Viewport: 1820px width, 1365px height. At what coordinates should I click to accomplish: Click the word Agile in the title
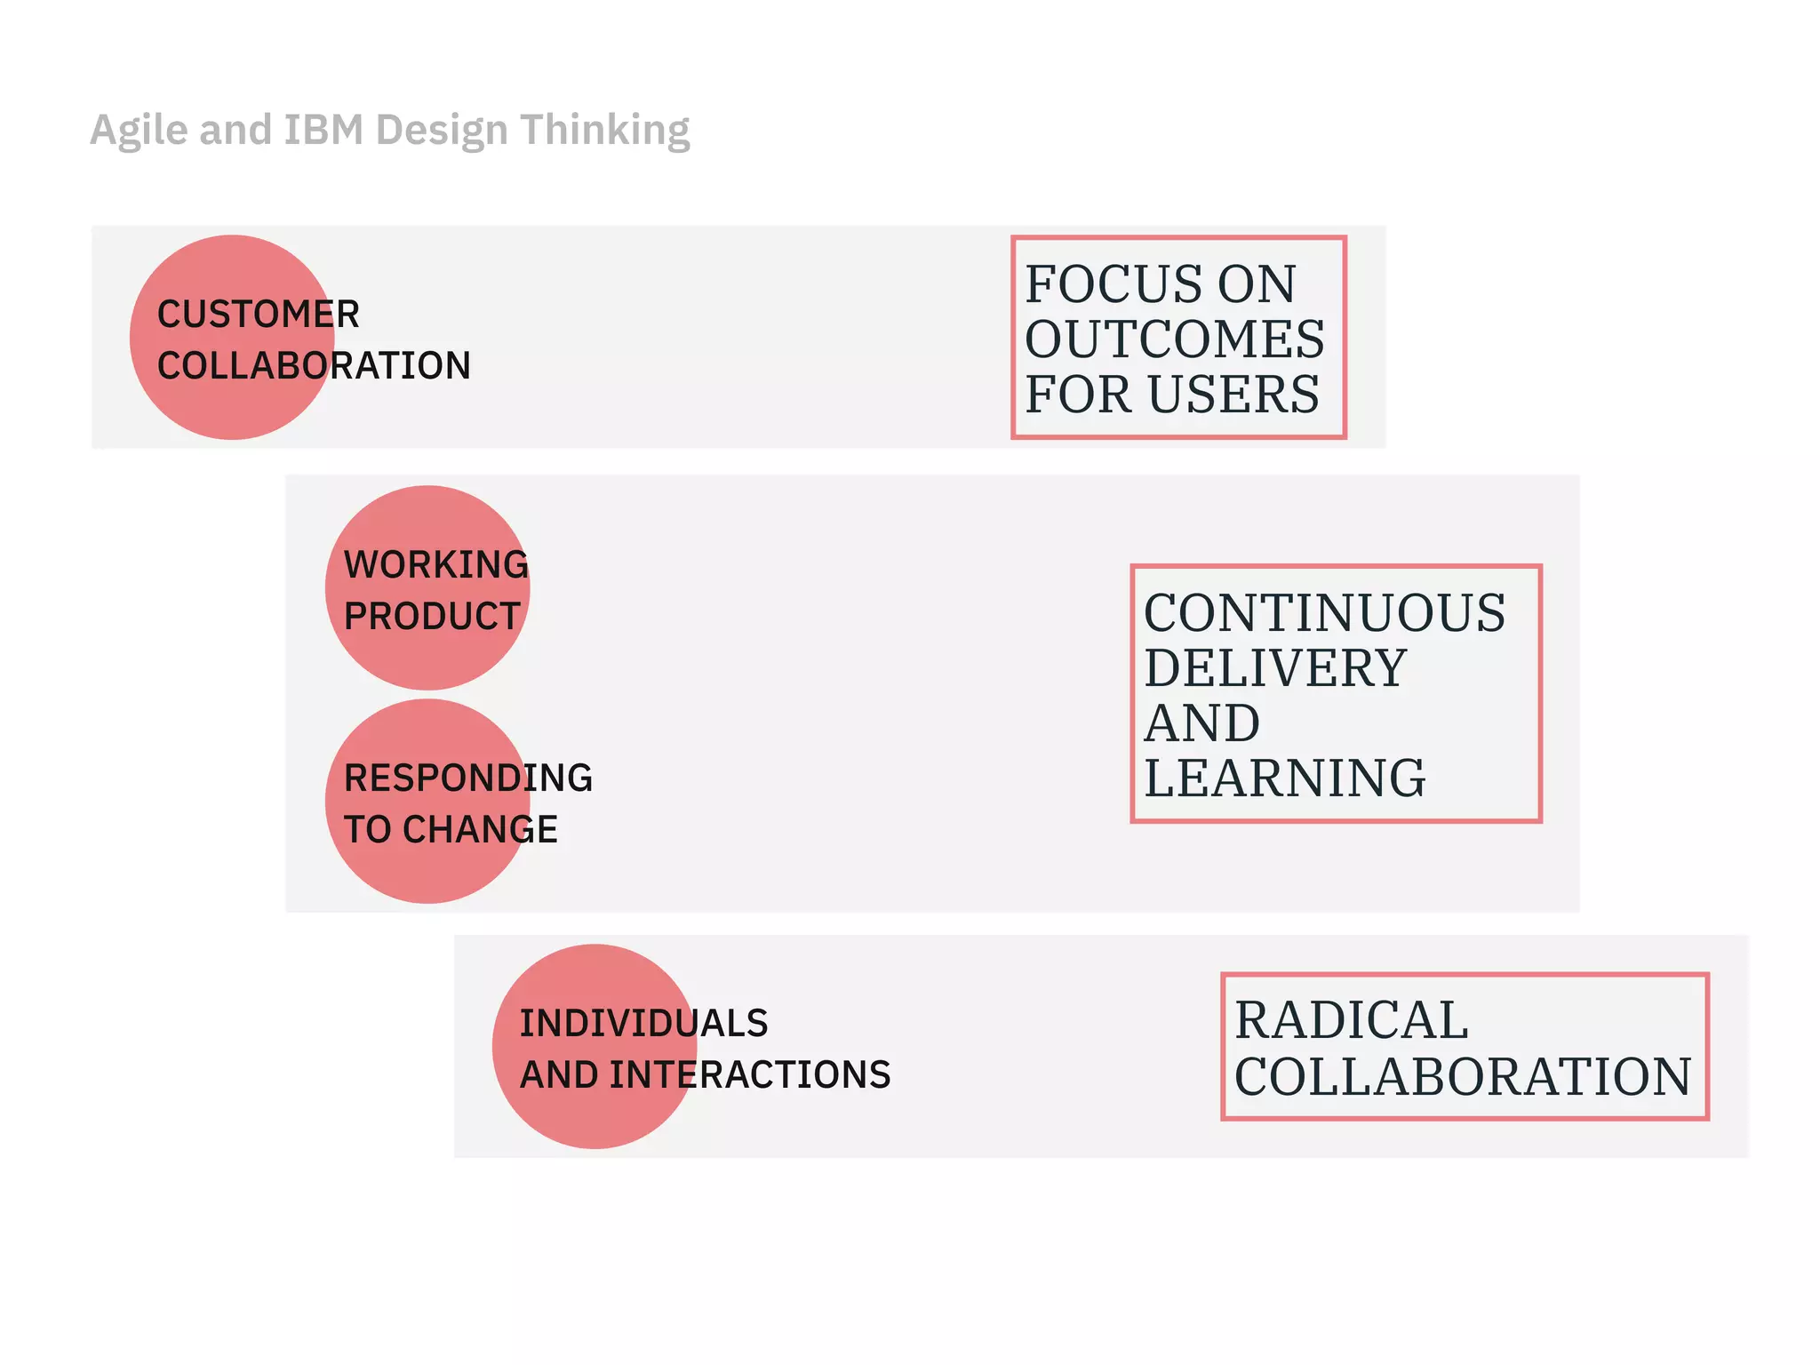coord(139,132)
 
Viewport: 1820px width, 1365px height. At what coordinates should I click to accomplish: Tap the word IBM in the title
coord(323,130)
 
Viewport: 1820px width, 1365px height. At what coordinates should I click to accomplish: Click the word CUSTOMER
coord(258,315)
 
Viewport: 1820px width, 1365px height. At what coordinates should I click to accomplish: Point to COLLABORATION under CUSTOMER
coord(314,366)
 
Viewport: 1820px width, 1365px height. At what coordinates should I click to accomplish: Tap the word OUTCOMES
coord(1174,339)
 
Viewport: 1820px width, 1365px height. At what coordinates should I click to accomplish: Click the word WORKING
coord(435,565)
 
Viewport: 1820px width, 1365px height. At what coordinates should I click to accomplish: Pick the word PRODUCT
coord(432,617)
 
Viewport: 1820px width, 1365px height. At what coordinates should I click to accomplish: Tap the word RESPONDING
coord(467,778)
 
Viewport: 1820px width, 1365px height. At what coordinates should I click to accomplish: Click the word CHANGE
coord(480,830)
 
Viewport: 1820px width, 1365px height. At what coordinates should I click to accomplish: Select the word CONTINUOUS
coord(1324,613)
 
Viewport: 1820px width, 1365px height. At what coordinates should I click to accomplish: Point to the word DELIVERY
coord(1274,668)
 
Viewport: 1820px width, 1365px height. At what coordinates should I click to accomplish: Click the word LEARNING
coord(1284,778)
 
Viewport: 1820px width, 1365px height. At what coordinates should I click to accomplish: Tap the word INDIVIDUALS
coord(643,1024)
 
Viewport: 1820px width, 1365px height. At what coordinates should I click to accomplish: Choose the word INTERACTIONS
coord(750,1075)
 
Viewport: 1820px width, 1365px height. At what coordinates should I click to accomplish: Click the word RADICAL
coord(1351,1020)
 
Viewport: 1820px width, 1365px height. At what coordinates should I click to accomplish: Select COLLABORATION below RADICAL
coord(1463,1077)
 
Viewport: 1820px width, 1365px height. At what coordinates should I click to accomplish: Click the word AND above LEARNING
coord(1201,723)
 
